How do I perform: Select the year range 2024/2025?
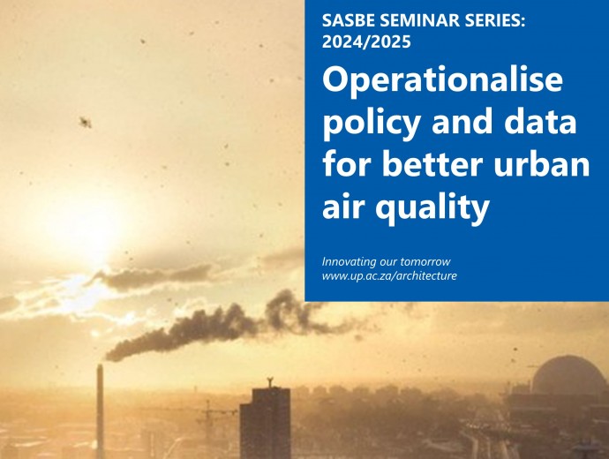[x=366, y=41]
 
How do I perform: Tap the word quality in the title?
[x=432, y=207]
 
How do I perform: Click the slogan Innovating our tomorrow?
[x=386, y=262]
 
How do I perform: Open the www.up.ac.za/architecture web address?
[x=389, y=276]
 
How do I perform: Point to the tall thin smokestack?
[x=100, y=411]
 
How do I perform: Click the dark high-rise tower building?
[x=266, y=424]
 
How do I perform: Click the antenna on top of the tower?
[x=270, y=382]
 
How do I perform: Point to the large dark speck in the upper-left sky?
[x=85, y=123]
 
